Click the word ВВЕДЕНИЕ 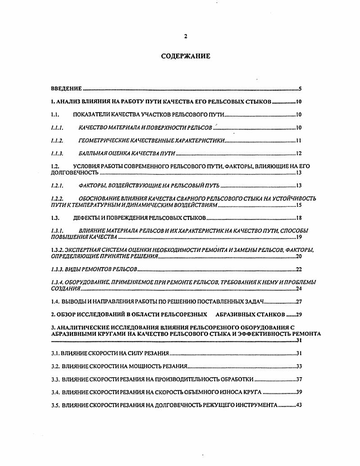pyautogui.click(x=66, y=89)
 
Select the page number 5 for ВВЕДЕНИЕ pyautogui.click(x=300, y=89)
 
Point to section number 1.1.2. pyautogui.click(x=57, y=141)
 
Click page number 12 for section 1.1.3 pyautogui.click(x=298, y=153)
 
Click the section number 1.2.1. pyautogui.click(x=57, y=185)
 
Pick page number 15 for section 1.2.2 pyautogui.click(x=298, y=205)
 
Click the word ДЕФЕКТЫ pyautogui.click(x=87, y=218)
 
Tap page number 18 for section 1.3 pyautogui.click(x=298, y=218)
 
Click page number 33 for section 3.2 pyautogui.click(x=298, y=366)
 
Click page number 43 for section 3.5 pyautogui.click(x=298, y=405)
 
